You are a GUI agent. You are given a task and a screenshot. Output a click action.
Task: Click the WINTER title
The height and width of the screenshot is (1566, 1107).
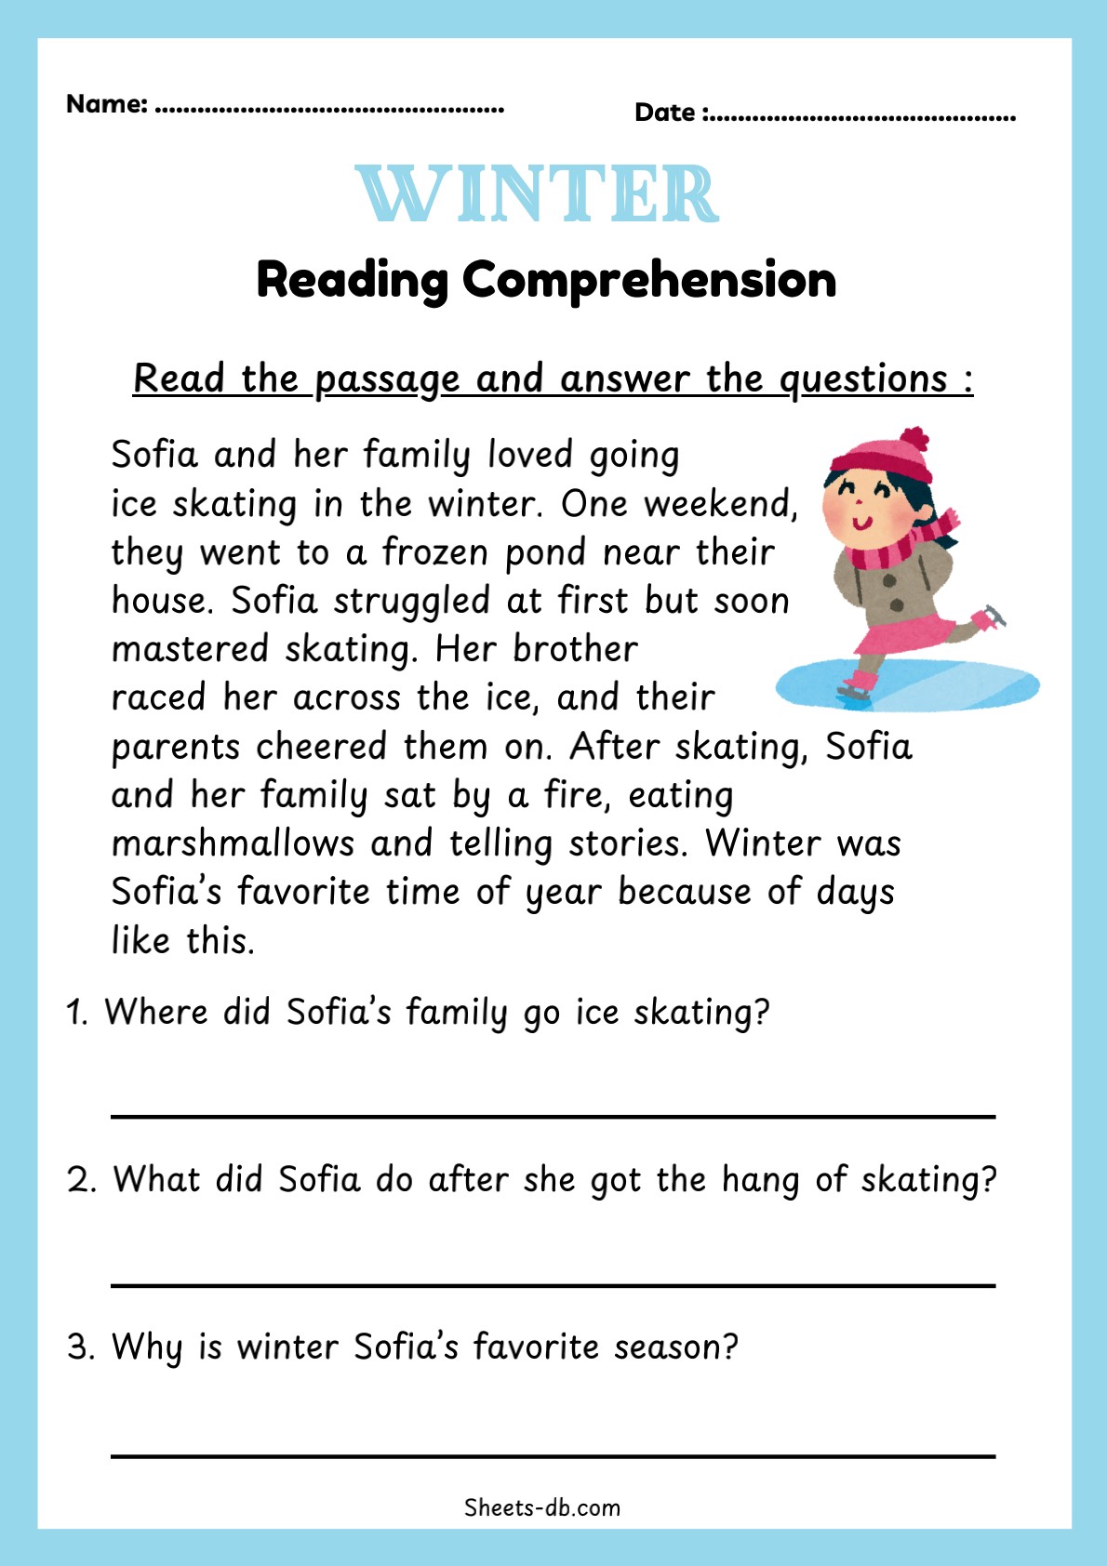(538, 194)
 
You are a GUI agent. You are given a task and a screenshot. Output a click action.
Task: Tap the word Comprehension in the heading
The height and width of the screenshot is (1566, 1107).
(649, 279)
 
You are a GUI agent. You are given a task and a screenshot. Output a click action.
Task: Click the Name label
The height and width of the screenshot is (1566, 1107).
(106, 104)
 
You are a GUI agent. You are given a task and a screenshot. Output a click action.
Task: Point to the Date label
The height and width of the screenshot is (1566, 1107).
(665, 113)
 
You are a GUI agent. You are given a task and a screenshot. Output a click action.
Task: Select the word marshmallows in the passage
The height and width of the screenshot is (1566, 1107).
(233, 843)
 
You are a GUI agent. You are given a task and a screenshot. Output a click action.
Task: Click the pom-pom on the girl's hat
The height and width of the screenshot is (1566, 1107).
(915, 438)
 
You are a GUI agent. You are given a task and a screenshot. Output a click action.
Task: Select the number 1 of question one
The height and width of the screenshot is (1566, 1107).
(76, 1013)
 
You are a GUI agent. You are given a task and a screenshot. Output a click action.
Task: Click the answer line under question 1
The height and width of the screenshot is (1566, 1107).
(553, 1116)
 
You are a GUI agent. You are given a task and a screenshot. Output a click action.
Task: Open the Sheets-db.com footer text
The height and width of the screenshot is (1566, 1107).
(542, 1507)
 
